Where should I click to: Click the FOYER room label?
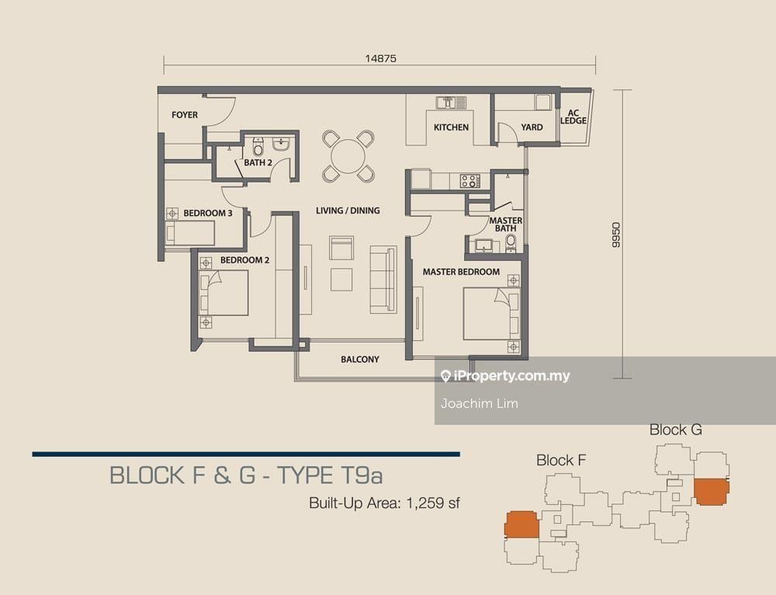click(185, 115)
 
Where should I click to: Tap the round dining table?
click(348, 156)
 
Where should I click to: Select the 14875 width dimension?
click(380, 58)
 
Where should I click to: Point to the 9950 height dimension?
click(615, 235)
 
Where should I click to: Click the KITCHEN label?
click(451, 127)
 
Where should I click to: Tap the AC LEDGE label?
click(573, 117)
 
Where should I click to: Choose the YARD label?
click(532, 127)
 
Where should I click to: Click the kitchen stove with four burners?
click(470, 181)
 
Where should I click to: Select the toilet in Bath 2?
click(258, 147)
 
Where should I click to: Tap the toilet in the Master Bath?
click(511, 243)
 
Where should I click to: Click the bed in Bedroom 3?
click(189, 233)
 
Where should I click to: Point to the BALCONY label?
click(360, 359)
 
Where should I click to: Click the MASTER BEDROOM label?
click(461, 272)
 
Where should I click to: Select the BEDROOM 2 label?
click(244, 260)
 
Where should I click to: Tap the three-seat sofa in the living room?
click(383, 280)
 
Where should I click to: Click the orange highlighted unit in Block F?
click(521, 524)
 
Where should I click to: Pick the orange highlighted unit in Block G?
click(712, 491)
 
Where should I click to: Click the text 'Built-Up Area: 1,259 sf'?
click(385, 503)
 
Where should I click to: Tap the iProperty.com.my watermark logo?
click(505, 377)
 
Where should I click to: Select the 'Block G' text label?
click(676, 430)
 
